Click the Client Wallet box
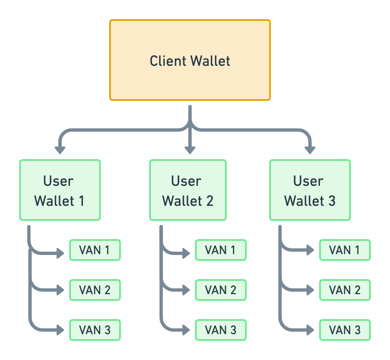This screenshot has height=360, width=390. point(190,60)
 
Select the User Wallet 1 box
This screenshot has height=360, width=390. point(60,190)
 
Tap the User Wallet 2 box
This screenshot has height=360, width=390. point(188,190)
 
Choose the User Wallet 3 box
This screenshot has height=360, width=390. point(310,190)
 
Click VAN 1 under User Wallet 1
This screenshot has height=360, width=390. point(95,250)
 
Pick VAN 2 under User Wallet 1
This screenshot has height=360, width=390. point(95,290)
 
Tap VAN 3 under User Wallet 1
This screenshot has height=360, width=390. point(95,330)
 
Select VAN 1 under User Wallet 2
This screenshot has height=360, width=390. point(221,250)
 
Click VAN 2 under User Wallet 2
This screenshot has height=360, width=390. point(221,290)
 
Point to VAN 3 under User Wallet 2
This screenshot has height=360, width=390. point(221,330)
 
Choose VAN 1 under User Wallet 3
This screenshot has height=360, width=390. point(345,250)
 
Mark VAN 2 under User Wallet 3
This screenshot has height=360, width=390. point(345,290)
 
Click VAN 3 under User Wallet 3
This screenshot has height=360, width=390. point(345,330)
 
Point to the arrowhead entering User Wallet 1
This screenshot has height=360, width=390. point(60,150)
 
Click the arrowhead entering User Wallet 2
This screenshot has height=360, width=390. point(190,150)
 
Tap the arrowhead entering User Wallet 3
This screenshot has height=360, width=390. point(310,150)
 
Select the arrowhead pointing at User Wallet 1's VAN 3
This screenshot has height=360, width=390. point(61,330)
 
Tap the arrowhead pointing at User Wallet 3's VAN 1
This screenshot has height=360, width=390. point(310,250)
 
